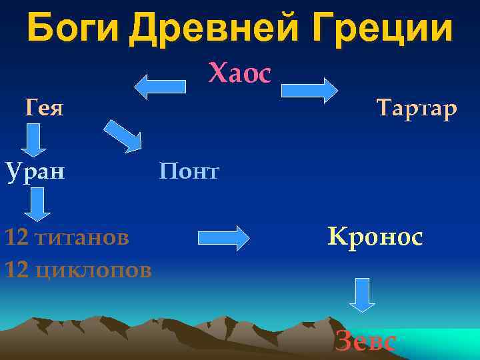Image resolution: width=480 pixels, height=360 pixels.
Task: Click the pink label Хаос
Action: (240, 74)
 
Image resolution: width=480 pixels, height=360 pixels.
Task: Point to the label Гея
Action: (45, 107)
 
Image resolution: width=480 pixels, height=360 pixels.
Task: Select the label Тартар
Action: (417, 107)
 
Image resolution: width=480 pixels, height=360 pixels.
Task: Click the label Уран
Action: (35, 171)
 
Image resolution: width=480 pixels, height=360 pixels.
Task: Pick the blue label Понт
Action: (189, 172)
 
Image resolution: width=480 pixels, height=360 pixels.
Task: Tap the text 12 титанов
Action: (67, 237)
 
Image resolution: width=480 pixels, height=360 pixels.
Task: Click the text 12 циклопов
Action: (78, 270)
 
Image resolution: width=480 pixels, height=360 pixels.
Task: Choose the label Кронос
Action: (375, 237)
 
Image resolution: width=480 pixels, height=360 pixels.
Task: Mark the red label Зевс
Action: (365, 341)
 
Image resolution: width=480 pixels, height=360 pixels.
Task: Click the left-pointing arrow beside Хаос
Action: (161, 87)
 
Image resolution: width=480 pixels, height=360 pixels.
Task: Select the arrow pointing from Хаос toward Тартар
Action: (309, 90)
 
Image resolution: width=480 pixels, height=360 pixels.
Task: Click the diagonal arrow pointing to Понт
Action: (123, 135)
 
